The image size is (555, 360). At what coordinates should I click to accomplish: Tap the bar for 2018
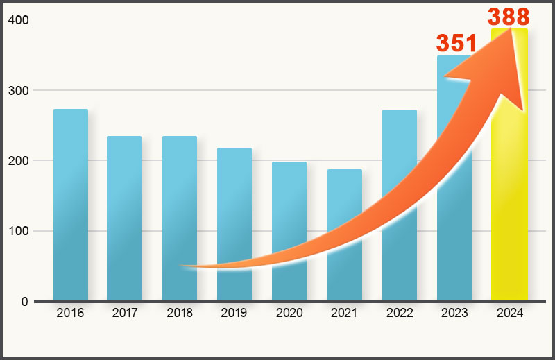pos(180,208)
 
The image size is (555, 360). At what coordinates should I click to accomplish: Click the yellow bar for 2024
pos(509,208)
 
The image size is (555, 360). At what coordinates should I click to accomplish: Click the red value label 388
pos(509,17)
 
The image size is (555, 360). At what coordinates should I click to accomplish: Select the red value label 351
pos(456,43)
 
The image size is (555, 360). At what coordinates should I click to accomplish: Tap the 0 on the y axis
pos(24,302)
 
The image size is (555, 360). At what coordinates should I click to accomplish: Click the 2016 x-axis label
pos(70,313)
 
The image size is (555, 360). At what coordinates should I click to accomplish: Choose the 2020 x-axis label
pos(289,313)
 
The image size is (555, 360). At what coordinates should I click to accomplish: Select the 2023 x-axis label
pos(454,313)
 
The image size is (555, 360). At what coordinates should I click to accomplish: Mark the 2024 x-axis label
pos(509,313)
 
